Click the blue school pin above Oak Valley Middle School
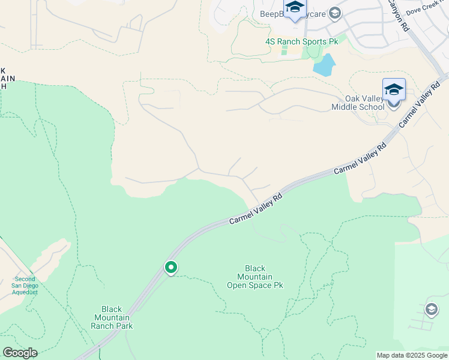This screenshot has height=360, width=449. [x=394, y=89]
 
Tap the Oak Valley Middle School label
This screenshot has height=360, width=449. [x=358, y=103]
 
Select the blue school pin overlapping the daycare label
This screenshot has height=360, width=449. [x=295, y=8]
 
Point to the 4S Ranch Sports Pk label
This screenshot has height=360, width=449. [x=302, y=41]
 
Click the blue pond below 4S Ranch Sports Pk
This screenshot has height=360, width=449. [x=324, y=65]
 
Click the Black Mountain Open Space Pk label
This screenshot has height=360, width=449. [x=255, y=277]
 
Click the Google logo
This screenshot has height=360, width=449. [x=20, y=353]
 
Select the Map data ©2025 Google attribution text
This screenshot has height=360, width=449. [x=411, y=356]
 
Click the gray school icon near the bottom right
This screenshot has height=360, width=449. [x=431, y=309]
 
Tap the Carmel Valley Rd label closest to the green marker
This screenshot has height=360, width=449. [x=256, y=209]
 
